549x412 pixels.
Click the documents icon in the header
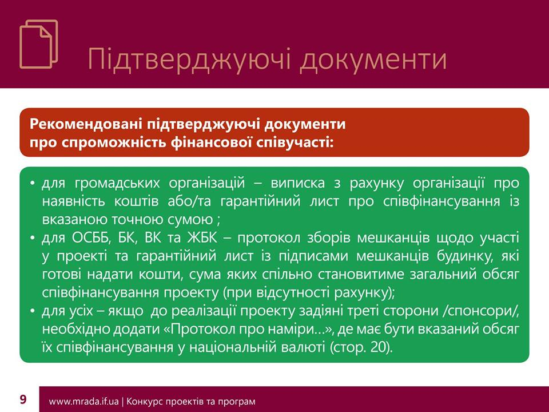[38, 44]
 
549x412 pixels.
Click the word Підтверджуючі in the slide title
[189, 60]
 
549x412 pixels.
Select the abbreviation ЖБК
[202, 238]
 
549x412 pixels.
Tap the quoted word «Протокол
[202, 329]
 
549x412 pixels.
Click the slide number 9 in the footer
[23, 399]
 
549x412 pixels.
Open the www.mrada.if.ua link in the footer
[83, 402]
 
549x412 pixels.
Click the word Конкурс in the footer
[143, 402]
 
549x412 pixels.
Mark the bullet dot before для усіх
[33, 311]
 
